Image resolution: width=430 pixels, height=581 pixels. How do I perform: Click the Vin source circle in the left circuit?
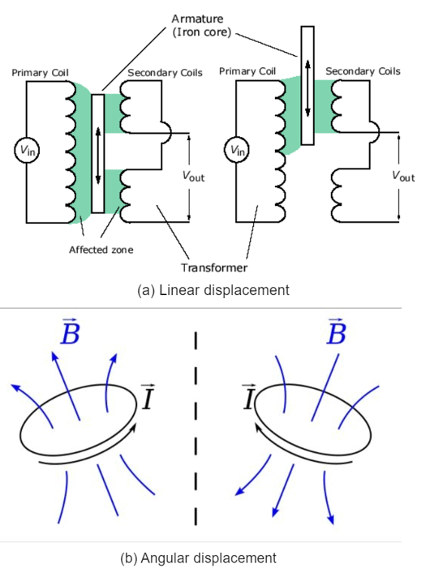pos(26,150)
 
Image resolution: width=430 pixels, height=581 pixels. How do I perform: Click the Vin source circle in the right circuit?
pos(235,150)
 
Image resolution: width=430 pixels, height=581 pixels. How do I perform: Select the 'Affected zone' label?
pos(101,250)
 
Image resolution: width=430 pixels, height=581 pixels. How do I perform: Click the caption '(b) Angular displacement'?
pos(209,558)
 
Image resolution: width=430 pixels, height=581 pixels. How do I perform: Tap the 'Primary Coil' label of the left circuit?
pos(40,72)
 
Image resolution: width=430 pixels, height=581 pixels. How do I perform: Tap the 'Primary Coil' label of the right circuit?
pos(248,71)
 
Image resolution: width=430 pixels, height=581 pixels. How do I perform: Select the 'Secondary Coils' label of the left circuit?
pos(166,72)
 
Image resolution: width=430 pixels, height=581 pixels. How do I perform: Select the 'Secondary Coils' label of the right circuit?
pos(363,71)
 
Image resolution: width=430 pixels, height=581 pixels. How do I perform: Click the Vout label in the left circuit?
pos(193,176)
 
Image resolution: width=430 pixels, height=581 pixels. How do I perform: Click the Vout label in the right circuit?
pos(402,176)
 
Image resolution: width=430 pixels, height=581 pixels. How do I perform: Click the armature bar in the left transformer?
pos(98,154)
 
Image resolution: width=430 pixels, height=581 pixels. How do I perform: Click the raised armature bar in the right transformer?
pos(307,85)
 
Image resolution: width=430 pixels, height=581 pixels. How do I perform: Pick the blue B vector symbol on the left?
pos(69,332)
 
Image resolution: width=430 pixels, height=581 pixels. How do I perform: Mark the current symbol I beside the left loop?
pos(148,397)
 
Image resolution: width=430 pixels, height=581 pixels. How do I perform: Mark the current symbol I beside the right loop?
pos(249,397)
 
